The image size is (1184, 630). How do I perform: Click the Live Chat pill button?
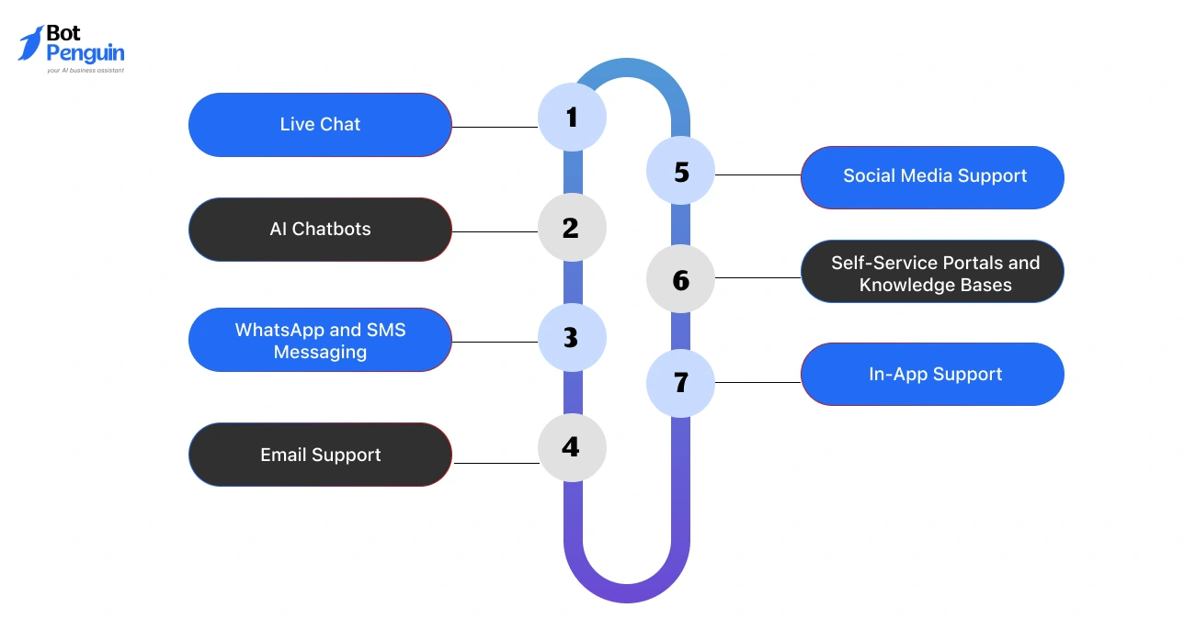coord(320,125)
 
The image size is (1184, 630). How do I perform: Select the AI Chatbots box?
coord(320,230)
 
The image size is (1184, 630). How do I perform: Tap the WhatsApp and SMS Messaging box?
coord(320,340)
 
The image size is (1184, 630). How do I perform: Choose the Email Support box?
coord(320,455)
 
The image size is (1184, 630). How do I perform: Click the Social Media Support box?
coord(933,176)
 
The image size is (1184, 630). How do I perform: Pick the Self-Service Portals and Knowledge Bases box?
coord(933,273)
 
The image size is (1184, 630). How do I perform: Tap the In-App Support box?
coord(933,375)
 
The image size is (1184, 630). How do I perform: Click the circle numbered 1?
coord(572,117)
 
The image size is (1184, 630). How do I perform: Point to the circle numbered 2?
coord(572,228)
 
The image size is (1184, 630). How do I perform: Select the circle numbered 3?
coord(572,338)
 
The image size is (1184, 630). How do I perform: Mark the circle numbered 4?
coord(572,447)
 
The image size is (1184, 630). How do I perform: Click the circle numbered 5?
coord(680,172)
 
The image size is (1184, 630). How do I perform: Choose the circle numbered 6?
coord(680,279)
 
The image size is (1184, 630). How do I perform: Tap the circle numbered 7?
coord(680,382)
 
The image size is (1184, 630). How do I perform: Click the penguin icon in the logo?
coord(30,43)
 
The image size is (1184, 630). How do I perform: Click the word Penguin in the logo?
coord(85,53)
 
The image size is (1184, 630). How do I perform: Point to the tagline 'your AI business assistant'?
coord(85,70)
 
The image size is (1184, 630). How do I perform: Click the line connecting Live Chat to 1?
coord(495,127)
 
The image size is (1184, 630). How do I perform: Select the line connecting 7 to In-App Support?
coord(757,382)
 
